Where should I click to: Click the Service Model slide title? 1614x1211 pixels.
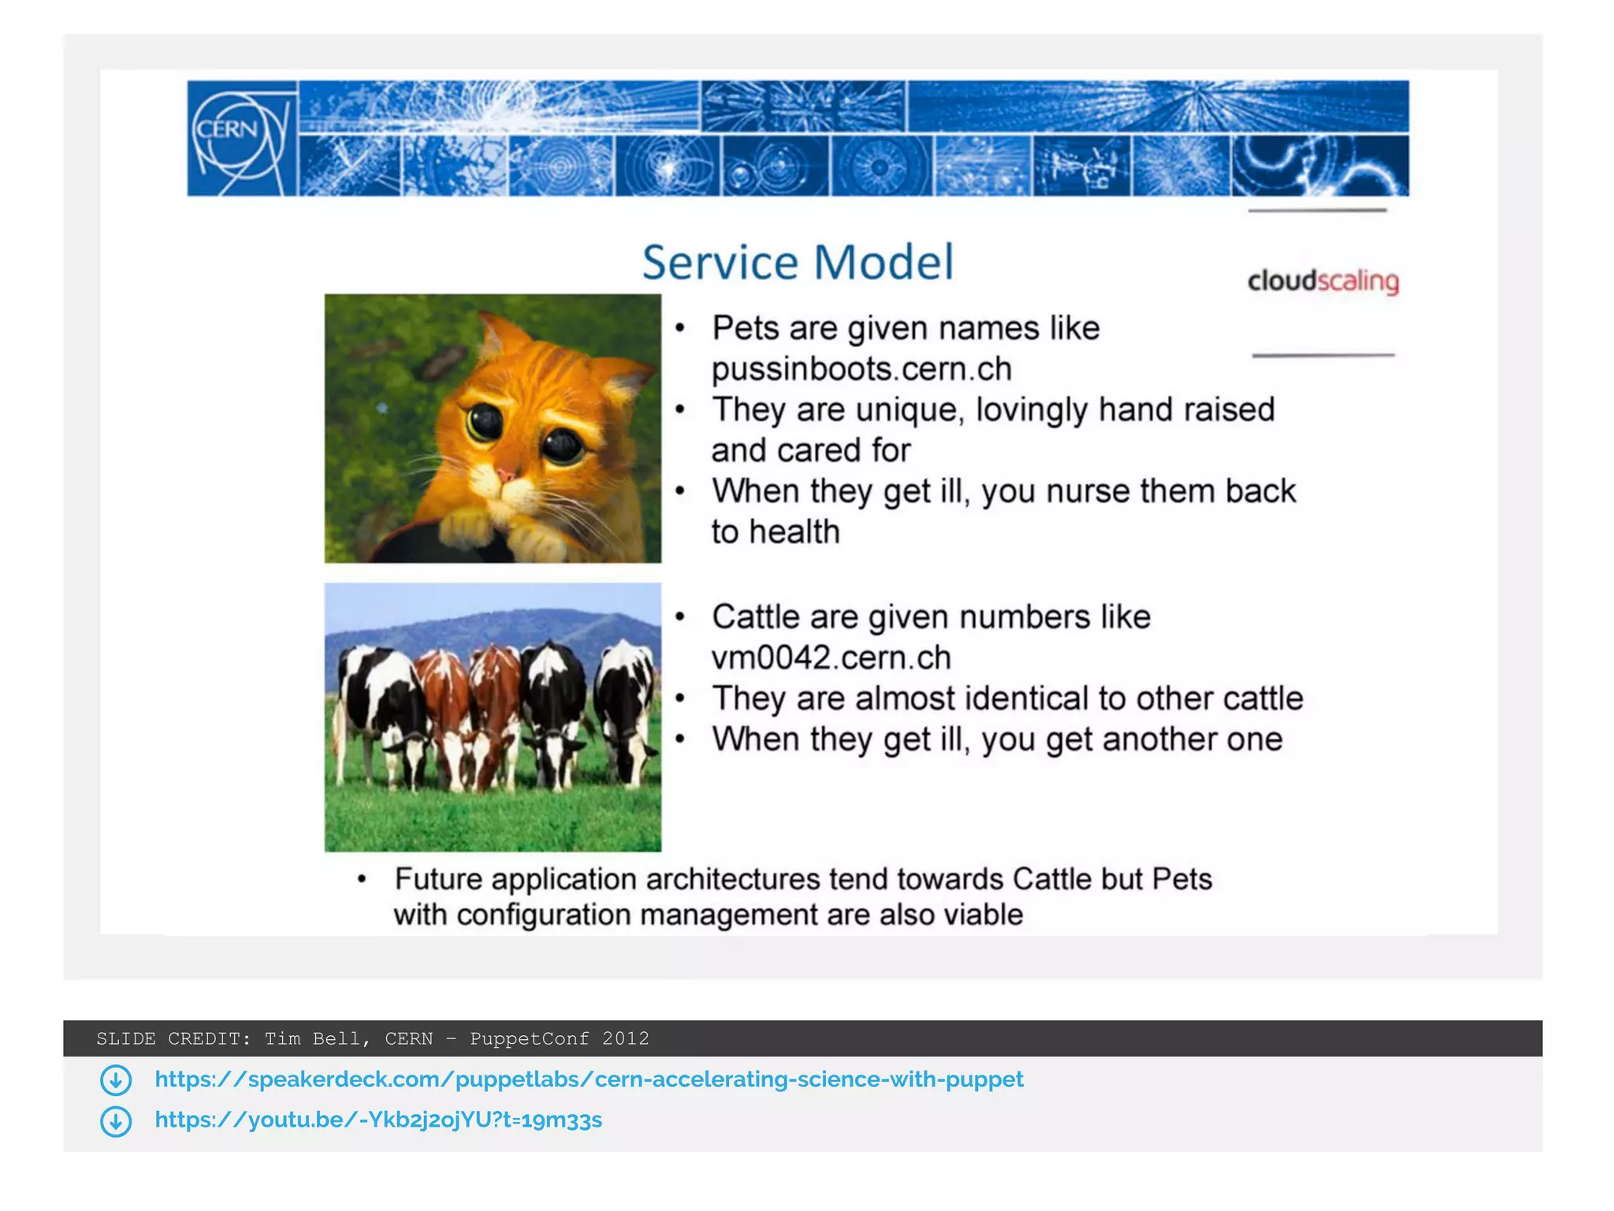click(x=798, y=263)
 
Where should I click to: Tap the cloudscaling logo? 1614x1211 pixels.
click(x=1323, y=281)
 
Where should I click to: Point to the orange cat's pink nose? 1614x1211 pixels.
click(x=506, y=475)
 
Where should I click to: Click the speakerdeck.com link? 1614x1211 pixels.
click(x=589, y=1079)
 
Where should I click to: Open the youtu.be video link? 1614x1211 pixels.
click(x=378, y=1120)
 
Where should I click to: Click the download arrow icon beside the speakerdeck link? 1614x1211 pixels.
click(x=116, y=1080)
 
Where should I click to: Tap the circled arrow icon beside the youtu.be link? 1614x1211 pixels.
click(x=116, y=1121)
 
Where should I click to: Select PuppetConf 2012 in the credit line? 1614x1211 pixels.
click(x=560, y=1038)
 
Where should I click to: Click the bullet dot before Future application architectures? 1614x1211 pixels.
click(x=362, y=879)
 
